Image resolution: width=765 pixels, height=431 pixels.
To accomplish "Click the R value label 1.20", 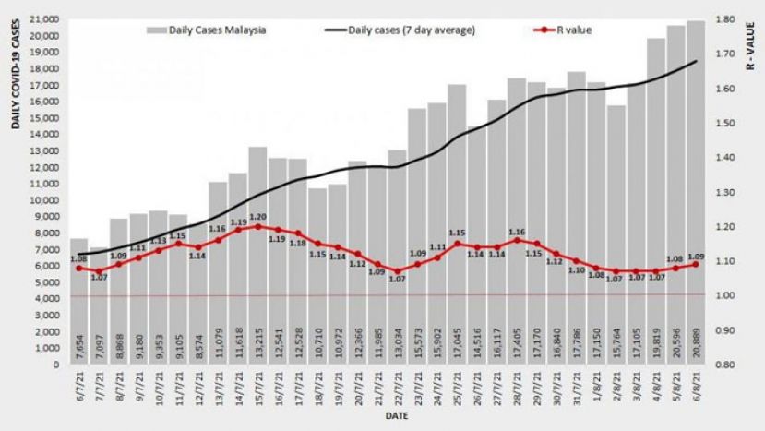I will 257,216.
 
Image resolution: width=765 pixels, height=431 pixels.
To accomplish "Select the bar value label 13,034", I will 397,343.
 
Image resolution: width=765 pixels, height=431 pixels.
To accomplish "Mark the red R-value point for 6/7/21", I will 79,269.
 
